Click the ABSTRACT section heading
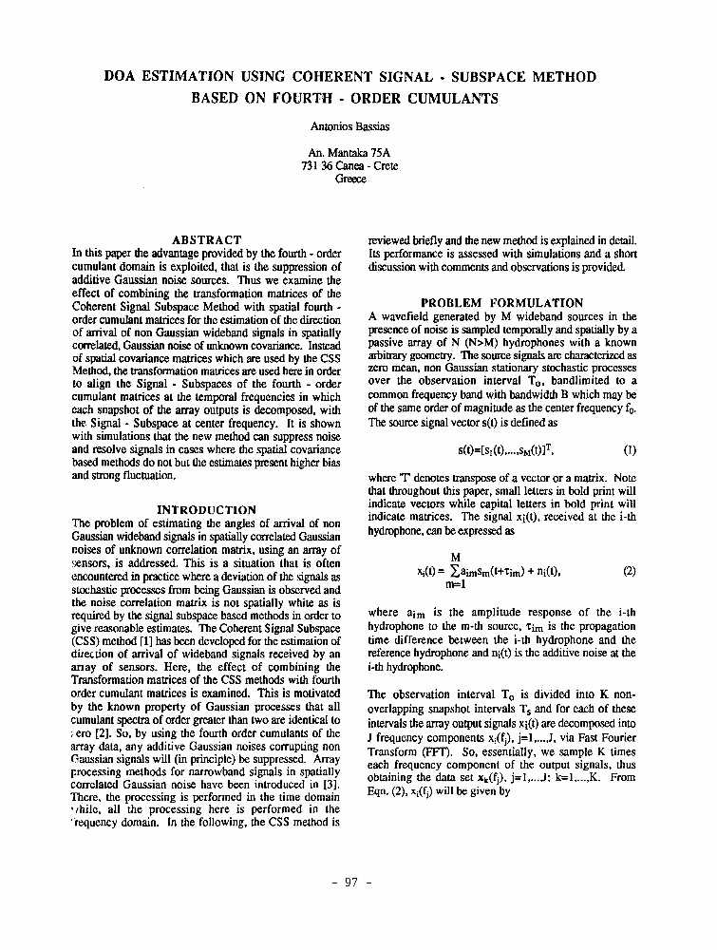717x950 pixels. [206, 240]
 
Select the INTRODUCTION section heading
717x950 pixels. [206, 510]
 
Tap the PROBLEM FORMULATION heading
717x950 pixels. [501, 303]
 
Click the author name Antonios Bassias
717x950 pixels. [350, 125]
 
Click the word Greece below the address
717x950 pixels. [350, 179]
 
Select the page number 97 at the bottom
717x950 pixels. [350, 883]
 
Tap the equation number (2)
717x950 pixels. [630, 571]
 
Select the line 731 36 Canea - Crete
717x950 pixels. [350, 165]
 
